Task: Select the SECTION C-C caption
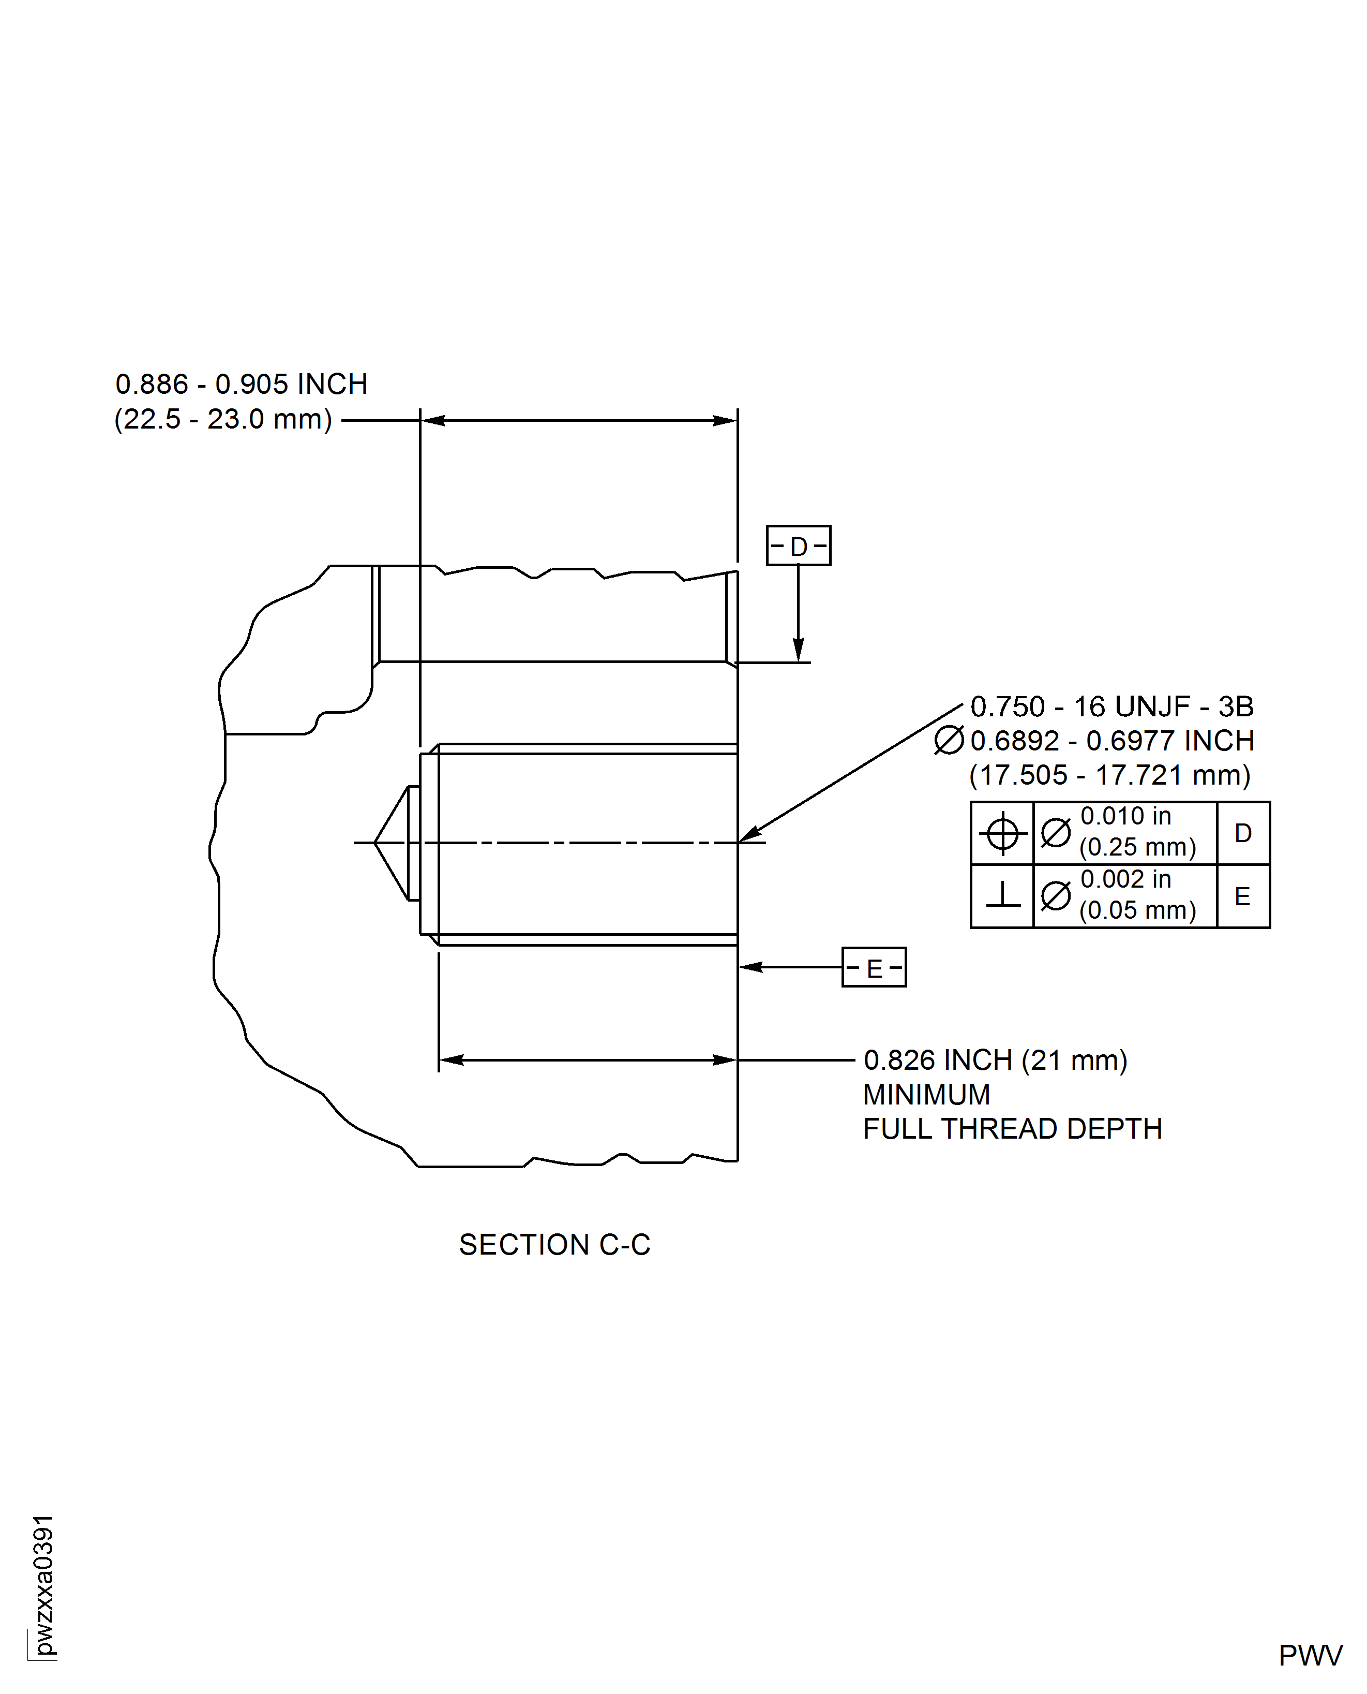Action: click(x=554, y=1244)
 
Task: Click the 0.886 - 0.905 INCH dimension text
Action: click(x=241, y=385)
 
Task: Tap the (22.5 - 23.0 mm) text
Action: click(x=223, y=419)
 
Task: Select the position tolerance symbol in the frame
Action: click(x=1002, y=833)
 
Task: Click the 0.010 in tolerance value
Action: click(x=1125, y=816)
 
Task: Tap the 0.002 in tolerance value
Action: click(x=1125, y=879)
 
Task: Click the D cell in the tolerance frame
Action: click(x=1242, y=833)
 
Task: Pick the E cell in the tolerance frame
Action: click(x=1242, y=896)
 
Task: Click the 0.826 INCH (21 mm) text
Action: click(x=995, y=1060)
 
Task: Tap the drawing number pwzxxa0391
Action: click(x=44, y=1584)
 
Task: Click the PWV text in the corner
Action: click(x=1310, y=1655)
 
